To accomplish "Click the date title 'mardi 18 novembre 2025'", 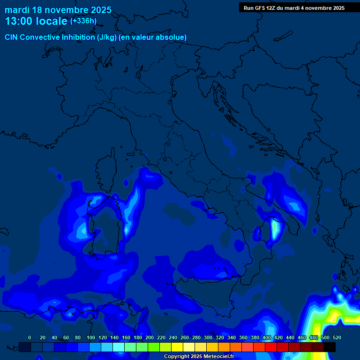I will click(x=58, y=10).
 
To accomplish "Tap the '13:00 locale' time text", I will click(x=36, y=22).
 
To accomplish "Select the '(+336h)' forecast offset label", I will click(x=83, y=21).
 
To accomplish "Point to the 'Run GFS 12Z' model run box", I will click(x=294, y=8).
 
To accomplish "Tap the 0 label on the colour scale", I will click(x=30, y=337).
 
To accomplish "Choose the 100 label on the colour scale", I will click(x=91, y=337).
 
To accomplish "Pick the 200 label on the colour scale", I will click(x=150, y=337).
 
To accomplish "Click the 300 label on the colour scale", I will click(x=208, y=337).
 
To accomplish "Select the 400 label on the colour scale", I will click(x=267, y=337).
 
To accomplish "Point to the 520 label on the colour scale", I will click(x=337, y=337).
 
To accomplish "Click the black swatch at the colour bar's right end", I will click(x=330, y=347).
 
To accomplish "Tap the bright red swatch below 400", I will click(x=271, y=347).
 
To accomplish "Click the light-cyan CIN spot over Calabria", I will click(x=275, y=230).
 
